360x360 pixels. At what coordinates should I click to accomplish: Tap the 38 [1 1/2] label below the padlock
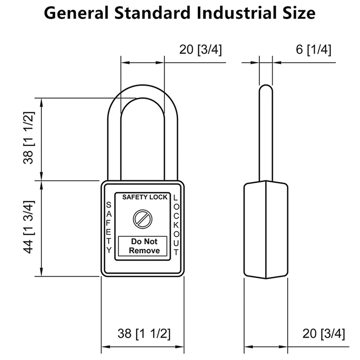pos(144,333)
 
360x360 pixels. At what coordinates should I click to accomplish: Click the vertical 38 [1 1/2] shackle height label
pos(29,138)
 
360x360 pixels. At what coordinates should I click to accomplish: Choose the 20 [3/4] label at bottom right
pos(324,333)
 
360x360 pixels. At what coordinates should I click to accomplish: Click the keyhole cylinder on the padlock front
pos(143,219)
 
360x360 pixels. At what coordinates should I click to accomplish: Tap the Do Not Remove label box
pos(143,246)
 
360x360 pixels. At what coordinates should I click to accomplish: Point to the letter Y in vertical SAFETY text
pos(108,250)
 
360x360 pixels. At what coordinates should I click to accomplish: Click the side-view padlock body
pos(265,229)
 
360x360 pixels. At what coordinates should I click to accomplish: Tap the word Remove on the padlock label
pos(144,251)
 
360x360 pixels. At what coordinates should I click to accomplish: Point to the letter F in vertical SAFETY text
pos(108,224)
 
